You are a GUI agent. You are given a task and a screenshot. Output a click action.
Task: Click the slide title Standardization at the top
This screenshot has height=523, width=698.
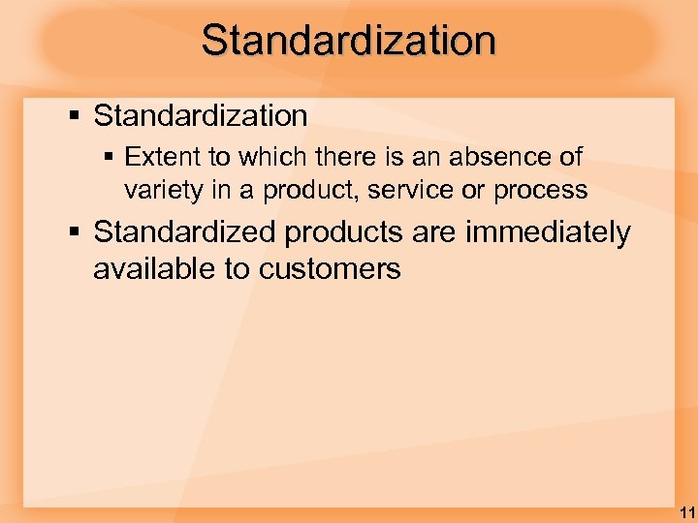pos(349,41)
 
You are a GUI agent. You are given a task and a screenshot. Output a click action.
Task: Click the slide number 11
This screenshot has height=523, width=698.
pos(685,511)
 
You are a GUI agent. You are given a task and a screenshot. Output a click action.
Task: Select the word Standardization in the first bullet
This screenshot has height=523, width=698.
pos(201,116)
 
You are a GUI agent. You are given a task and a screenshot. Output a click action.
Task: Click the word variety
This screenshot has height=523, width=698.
pos(160,191)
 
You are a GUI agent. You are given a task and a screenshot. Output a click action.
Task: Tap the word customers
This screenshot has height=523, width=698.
pos(330,269)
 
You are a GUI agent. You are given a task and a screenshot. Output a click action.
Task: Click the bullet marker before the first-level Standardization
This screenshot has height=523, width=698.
pos(76,117)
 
